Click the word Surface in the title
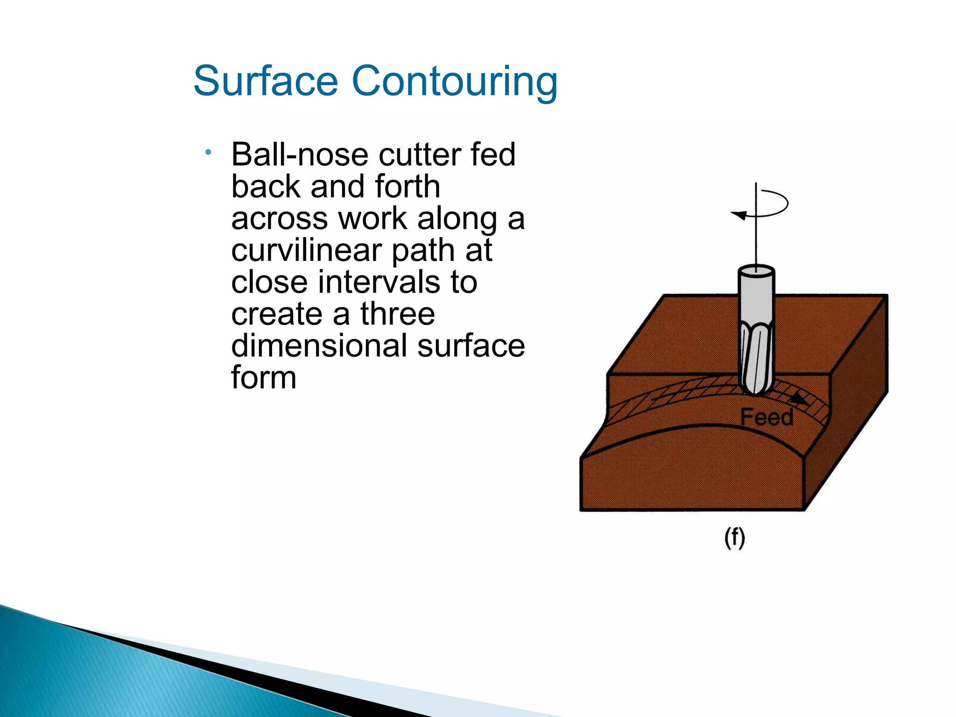(x=265, y=81)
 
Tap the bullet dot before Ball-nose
(x=208, y=152)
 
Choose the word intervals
(x=379, y=282)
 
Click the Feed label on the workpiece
(x=766, y=417)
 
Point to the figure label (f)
(x=734, y=538)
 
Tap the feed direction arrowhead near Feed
(x=800, y=399)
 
